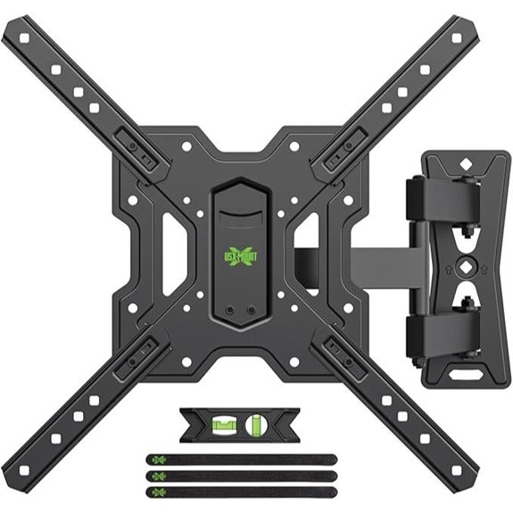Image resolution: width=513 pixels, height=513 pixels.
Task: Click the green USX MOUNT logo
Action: (x=242, y=253)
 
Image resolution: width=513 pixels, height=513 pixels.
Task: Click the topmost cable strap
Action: (x=241, y=459)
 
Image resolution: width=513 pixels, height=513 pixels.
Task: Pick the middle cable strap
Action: (x=241, y=475)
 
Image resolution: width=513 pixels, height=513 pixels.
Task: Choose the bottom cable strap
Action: (x=241, y=490)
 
